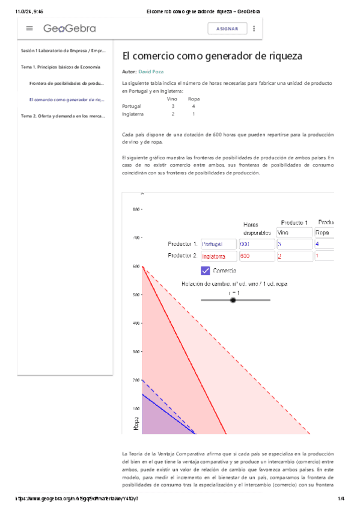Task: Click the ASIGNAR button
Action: click(x=227, y=28)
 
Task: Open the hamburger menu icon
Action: click(x=29, y=28)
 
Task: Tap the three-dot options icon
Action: click(x=254, y=28)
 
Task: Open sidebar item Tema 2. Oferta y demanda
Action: click(x=63, y=116)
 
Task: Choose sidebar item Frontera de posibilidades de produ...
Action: click(x=66, y=83)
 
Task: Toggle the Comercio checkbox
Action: click(x=206, y=271)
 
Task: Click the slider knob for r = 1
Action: click(x=233, y=300)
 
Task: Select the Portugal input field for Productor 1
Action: click(x=219, y=244)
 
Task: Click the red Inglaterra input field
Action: click(x=219, y=256)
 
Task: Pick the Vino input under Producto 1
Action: click(x=294, y=232)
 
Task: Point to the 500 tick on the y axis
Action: click(x=137, y=295)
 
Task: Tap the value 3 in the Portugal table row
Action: click(x=172, y=106)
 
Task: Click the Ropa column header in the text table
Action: click(x=194, y=98)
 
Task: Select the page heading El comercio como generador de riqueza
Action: click(x=212, y=56)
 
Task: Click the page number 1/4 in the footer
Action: click(x=341, y=499)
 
